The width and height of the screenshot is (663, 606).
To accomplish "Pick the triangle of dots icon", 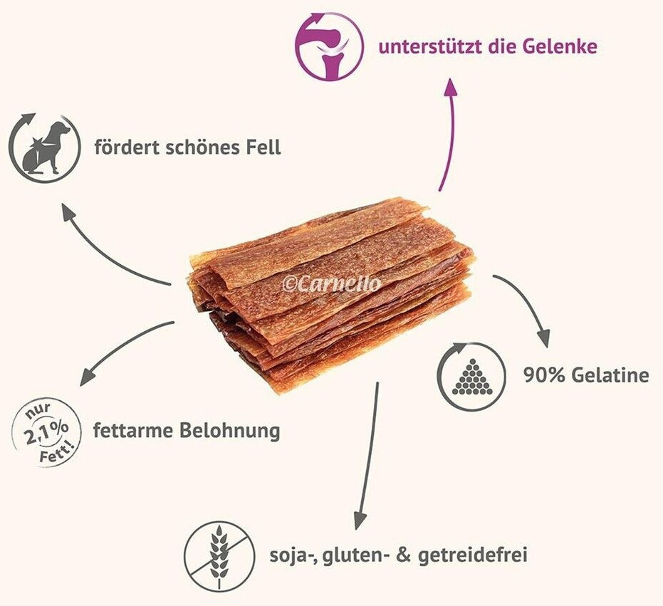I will [468, 374].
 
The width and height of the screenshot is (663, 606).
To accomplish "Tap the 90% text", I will [542, 375].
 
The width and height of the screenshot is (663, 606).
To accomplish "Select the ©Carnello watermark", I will [332, 283].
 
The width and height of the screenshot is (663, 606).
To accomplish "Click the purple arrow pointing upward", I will [449, 128].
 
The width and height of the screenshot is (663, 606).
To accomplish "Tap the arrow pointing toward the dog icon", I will [107, 246].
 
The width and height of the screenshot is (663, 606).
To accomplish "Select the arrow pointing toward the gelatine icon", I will [527, 303].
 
